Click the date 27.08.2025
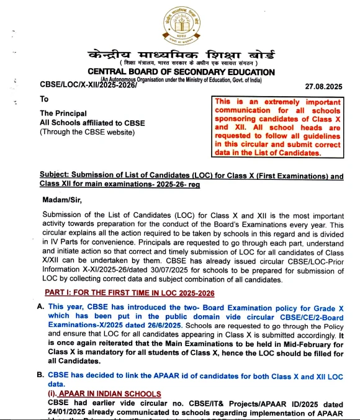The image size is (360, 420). coord(323,86)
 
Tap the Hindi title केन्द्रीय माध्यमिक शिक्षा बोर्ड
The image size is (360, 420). coord(180,55)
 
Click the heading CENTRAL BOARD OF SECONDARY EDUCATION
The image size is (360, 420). coord(181,72)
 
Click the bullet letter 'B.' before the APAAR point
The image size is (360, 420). coord(40,376)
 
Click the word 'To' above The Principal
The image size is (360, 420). coord(44,99)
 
